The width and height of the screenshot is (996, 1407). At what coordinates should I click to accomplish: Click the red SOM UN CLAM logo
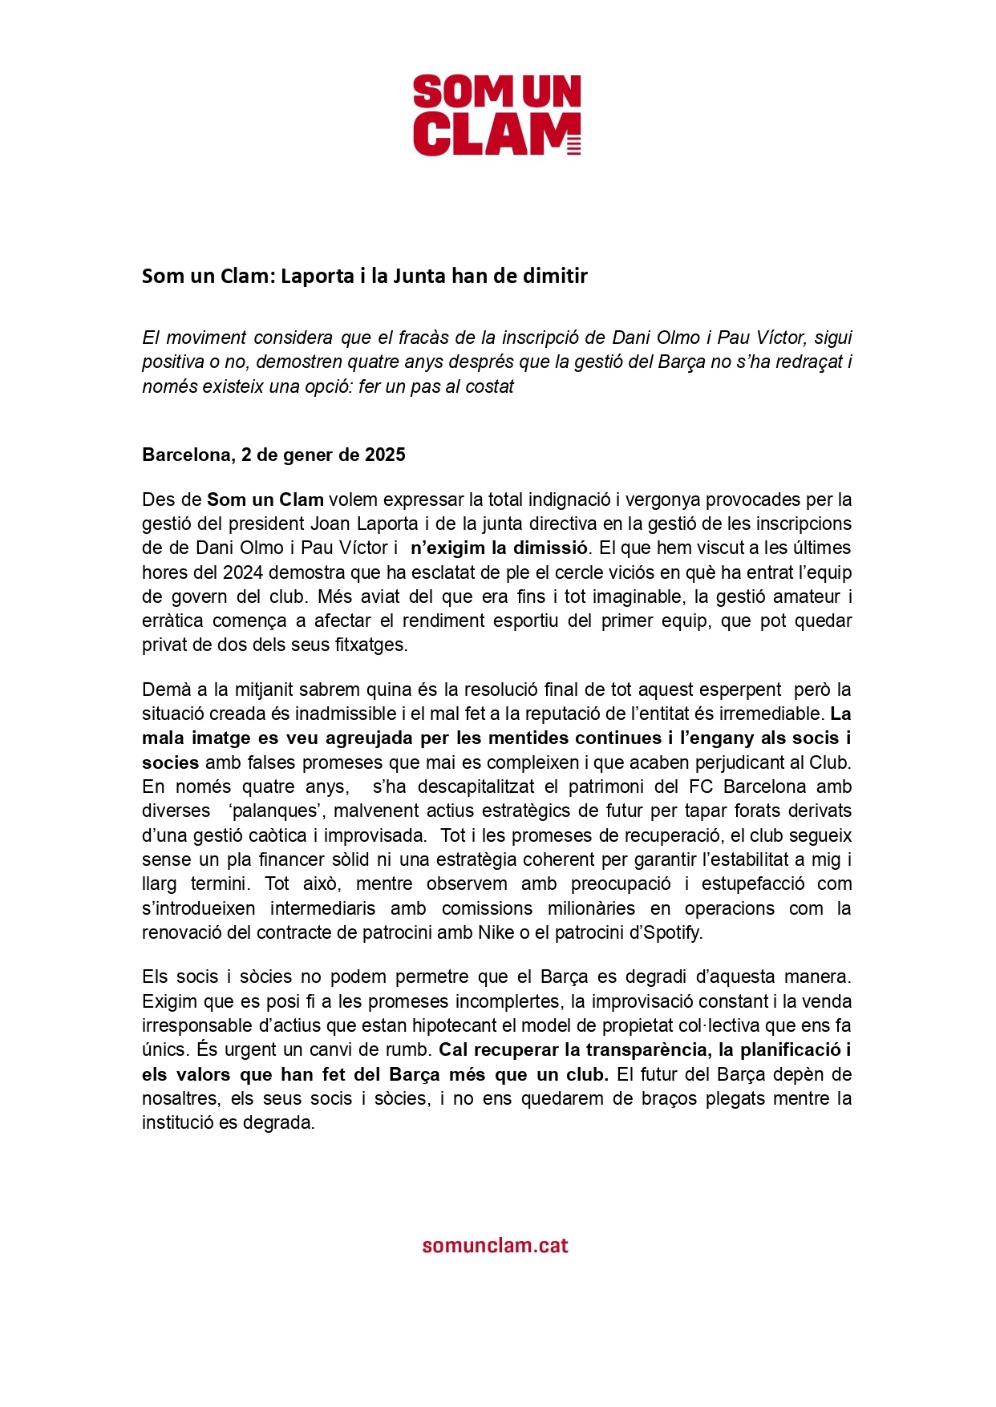pos(497,115)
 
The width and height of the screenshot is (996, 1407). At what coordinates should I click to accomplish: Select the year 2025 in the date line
pos(385,455)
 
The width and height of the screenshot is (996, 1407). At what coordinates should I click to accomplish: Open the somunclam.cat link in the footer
pos(496,1245)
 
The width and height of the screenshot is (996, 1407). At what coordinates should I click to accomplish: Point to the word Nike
pos(496,933)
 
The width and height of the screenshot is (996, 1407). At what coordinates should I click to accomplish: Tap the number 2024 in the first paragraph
pos(244,573)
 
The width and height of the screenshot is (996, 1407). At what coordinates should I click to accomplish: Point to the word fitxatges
pos(366,645)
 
